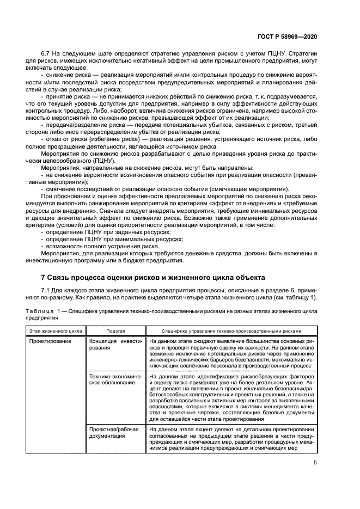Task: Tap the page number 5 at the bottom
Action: [x=315, y=463]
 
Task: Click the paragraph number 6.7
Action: [x=47, y=53]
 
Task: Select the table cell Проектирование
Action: [x=50, y=341]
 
